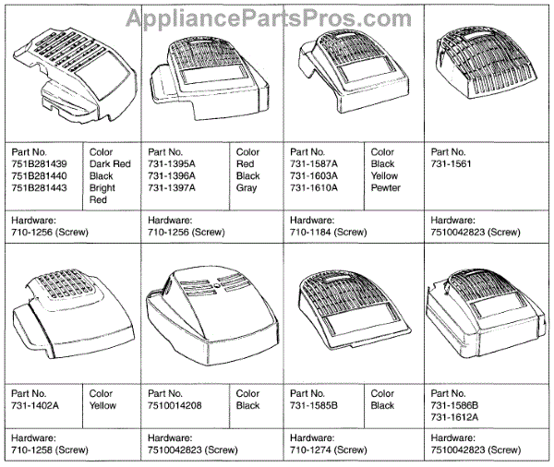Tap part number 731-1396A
(x=172, y=175)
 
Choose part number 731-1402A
(x=33, y=404)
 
